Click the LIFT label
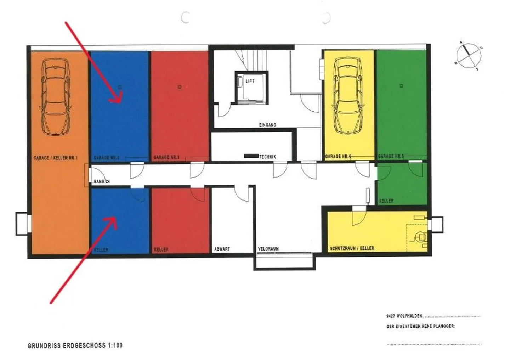(250, 81)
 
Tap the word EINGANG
(267, 125)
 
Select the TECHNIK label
(267, 157)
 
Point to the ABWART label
(222, 249)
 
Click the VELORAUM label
(268, 249)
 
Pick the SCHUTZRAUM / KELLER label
(352, 248)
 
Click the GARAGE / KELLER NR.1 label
(55, 158)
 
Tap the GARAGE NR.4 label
(338, 156)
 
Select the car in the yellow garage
(349, 96)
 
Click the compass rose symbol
(469, 55)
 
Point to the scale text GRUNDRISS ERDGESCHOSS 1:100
(75, 345)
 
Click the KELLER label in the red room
(161, 249)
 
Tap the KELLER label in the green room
(386, 201)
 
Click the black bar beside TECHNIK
(251, 156)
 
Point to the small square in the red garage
(180, 86)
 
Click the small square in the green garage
(401, 85)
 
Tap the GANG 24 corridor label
(102, 181)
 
